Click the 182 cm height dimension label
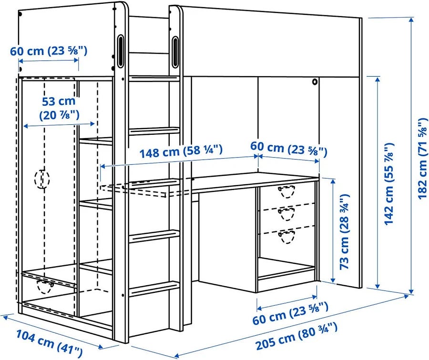tap(423, 159)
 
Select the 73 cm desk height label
tap(344, 232)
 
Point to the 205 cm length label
tap(296, 336)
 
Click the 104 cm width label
tap(49, 343)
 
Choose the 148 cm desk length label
tap(181, 151)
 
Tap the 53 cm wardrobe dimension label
tap(59, 108)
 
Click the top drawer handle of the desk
tap(286, 191)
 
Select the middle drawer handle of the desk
tap(286, 214)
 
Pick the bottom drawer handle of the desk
tap(286, 237)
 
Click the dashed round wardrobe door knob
tap(42, 179)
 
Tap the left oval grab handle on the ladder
tap(121, 51)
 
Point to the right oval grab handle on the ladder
tap(175, 52)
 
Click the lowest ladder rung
tap(154, 289)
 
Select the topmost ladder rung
tap(154, 79)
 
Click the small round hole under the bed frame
tap(315, 81)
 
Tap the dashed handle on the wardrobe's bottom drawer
tap(45, 286)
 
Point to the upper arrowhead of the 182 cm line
tap(411, 20)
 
